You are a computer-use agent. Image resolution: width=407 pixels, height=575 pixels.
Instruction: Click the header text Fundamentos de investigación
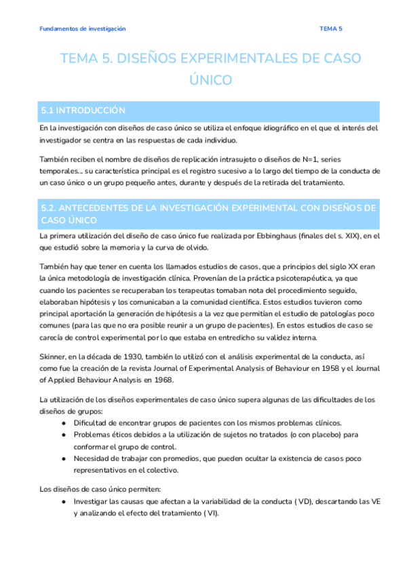click(82, 28)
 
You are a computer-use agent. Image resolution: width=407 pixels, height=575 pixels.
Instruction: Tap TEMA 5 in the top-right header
click(331, 28)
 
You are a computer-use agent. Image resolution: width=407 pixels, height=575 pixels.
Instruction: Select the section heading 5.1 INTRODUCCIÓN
click(83, 109)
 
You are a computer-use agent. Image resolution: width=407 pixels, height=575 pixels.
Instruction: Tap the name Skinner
click(54, 355)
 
